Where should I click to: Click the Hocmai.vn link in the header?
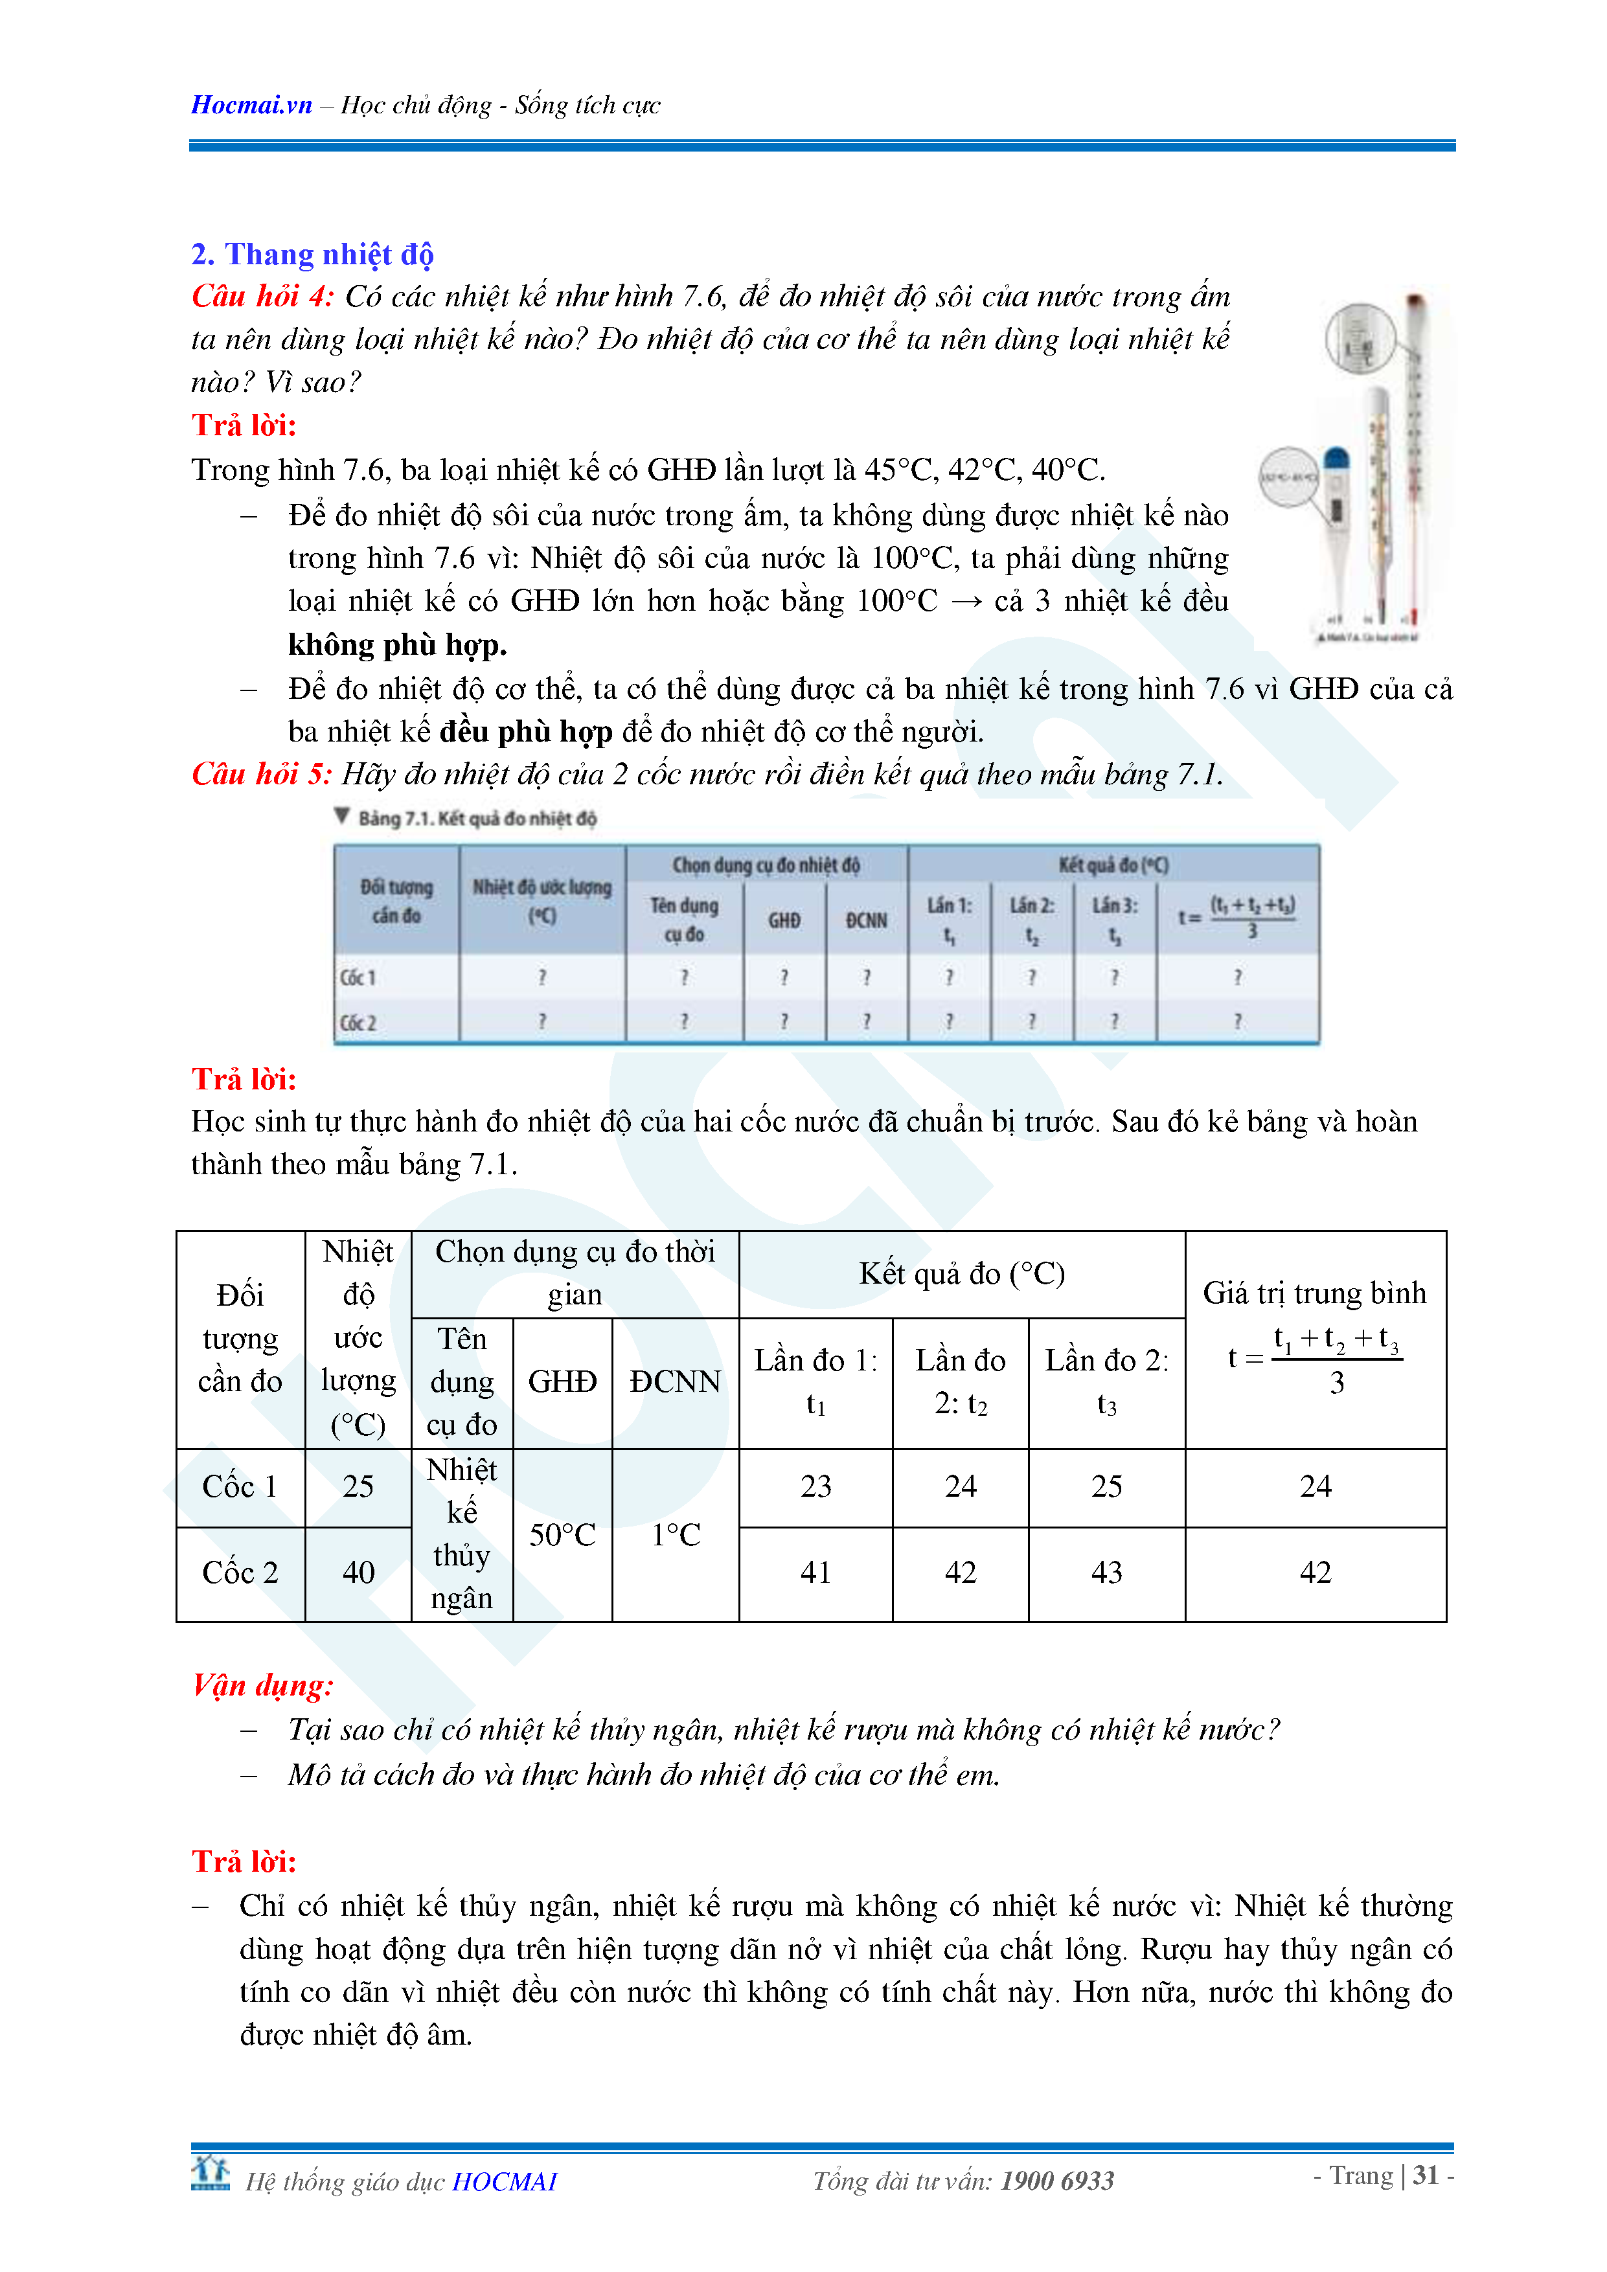tap(251, 105)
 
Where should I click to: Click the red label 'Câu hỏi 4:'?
tap(262, 297)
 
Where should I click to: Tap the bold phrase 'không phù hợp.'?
tap(397, 645)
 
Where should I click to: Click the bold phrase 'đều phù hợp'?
tap(525, 733)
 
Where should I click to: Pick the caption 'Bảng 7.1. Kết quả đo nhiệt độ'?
tap(476, 819)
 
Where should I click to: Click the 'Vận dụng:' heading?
tap(262, 1685)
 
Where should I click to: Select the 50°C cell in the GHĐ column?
tap(562, 1535)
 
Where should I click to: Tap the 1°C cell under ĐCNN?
tap(676, 1535)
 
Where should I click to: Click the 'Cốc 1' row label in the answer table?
tap(240, 1486)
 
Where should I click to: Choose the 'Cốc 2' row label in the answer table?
tap(240, 1573)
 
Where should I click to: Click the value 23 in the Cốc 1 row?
tap(815, 1486)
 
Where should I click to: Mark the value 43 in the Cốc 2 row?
tap(1106, 1573)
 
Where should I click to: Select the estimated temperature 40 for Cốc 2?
tap(358, 1573)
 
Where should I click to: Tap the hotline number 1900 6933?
tap(1057, 2181)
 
